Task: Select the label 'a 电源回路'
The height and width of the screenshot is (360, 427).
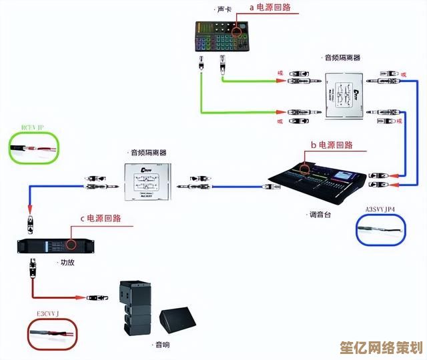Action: (x=270, y=8)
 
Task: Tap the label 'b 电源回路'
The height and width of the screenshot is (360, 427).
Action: (x=331, y=145)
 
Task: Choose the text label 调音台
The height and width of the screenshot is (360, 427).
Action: (x=319, y=215)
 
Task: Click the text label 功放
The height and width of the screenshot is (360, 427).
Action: (x=67, y=262)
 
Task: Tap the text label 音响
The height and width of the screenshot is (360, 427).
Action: (x=162, y=345)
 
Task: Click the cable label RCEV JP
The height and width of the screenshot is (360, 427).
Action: (x=32, y=127)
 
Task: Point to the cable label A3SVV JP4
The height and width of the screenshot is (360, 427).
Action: (x=380, y=209)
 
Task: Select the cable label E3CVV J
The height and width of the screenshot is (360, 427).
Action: (x=48, y=313)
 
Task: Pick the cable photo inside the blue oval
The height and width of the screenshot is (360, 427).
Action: (x=381, y=230)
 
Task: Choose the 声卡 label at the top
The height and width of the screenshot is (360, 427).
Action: (x=223, y=9)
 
